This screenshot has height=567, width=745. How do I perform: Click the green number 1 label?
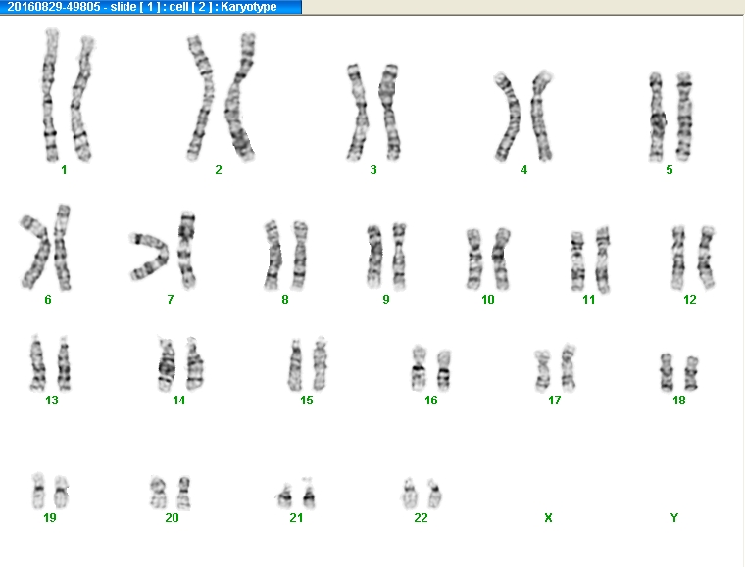pyautogui.click(x=64, y=169)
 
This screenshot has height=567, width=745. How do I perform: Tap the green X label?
pyautogui.click(x=548, y=518)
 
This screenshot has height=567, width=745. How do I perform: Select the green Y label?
pyautogui.click(x=674, y=518)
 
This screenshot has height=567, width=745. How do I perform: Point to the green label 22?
pyautogui.click(x=421, y=518)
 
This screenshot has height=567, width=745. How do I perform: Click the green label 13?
pyautogui.click(x=52, y=401)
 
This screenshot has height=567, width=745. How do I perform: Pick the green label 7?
pyautogui.click(x=171, y=300)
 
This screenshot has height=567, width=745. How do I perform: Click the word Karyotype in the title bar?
pyautogui.click(x=248, y=7)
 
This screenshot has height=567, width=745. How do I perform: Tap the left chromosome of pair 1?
pyautogui.click(x=50, y=95)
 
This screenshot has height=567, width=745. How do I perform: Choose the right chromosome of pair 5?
pyautogui.click(x=684, y=117)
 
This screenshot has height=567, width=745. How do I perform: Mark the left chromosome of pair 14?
pyautogui.click(x=167, y=364)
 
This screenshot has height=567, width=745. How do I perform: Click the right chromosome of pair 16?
pyautogui.click(x=444, y=371)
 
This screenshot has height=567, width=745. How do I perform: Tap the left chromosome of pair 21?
pyautogui.click(x=284, y=496)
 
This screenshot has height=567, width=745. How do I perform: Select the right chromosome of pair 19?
pyautogui.click(x=62, y=492)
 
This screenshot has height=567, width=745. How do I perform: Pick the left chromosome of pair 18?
pyautogui.click(x=667, y=372)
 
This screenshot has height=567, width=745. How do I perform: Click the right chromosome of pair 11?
pyautogui.click(x=603, y=260)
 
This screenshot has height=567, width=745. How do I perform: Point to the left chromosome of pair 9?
pyautogui.click(x=374, y=257)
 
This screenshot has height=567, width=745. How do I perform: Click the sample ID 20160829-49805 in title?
pyautogui.click(x=54, y=7)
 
